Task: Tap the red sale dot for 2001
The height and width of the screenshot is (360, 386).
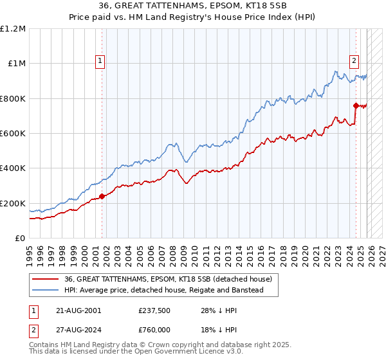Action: (102, 197)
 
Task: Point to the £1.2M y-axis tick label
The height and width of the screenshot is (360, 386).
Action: (13, 28)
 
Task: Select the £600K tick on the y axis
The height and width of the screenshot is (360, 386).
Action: (13, 134)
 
